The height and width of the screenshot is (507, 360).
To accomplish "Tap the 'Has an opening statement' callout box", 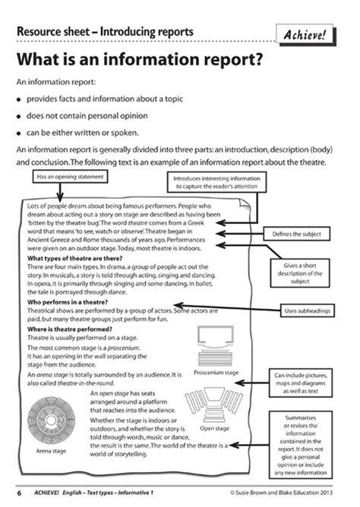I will tap(71, 177).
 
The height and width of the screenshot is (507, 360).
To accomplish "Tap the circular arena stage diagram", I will tap(49, 426).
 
